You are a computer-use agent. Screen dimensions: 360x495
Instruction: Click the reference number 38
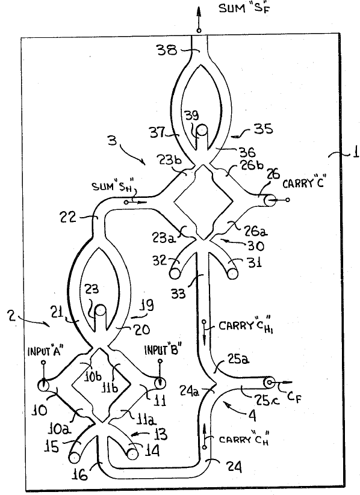click(167, 51)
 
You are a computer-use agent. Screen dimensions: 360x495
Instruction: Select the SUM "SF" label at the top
click(245, 8)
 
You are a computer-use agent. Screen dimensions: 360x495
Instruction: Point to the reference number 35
click(263, 129)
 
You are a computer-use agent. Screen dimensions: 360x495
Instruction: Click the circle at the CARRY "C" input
click(269, 200)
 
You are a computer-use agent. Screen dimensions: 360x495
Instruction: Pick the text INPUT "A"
click(46, 351)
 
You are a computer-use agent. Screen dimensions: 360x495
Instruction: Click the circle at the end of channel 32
click(175, 274)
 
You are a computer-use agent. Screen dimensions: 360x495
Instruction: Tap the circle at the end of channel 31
click(232, 274)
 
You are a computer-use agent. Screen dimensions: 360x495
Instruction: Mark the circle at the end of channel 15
click(74, 457)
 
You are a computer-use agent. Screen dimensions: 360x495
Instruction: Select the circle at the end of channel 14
click(132, 454)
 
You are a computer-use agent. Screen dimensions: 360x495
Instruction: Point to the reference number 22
click(68, 218)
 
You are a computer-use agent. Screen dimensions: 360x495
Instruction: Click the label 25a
click(238, 359)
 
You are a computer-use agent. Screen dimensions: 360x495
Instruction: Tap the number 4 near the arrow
click(252, 416)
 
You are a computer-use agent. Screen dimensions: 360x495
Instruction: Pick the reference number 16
click(79, 474)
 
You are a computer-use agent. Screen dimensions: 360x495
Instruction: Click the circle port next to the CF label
click(269, 383)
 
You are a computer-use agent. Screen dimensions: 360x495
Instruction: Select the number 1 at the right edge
click(355, 153)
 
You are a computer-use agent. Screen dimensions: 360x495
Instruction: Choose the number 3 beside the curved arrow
click(112, 140)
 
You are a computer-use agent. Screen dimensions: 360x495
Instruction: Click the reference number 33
click(178, 294)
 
